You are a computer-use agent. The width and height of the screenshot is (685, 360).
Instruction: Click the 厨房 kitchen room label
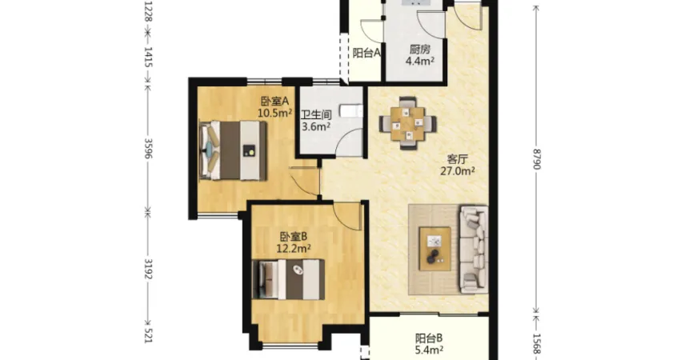(x=420, y=50)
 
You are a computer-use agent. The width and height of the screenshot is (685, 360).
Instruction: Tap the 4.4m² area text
(x=420, y=61)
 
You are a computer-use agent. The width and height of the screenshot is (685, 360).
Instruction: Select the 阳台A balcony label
(x=367, y=54)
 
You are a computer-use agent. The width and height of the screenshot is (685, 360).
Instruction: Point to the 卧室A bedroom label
(x=275, y=102)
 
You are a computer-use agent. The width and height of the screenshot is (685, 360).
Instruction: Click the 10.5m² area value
(x=274, y=114)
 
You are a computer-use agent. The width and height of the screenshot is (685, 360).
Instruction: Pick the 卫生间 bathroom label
(x=316, y=115)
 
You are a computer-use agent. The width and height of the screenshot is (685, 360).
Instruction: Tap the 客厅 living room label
(x=458, y=159)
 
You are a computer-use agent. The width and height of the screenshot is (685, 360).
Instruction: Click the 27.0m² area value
(x=458, y=171)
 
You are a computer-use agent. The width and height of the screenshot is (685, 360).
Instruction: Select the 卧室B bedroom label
(x=294, y=237)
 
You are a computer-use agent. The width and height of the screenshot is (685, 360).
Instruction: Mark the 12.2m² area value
(x=294, y=249)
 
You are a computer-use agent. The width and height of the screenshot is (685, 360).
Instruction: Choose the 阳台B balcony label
(x=429, y=338)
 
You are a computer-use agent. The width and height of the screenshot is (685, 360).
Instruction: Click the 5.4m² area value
(x=429, y=350)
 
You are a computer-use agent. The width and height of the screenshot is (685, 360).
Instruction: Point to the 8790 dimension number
(x=537, y=158)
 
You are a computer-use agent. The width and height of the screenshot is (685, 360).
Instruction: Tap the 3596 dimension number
(x=148, y=149)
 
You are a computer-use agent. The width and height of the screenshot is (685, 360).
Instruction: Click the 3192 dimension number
(x=148, y=268)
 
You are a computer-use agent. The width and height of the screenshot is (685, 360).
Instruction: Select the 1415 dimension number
(x=148, y=58)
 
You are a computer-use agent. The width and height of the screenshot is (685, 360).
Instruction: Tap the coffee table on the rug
(x=435, y=249)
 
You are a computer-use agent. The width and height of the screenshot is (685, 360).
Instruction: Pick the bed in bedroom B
(x=288, y=280)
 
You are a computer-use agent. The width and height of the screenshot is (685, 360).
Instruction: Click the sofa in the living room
(x=474, y=249)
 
